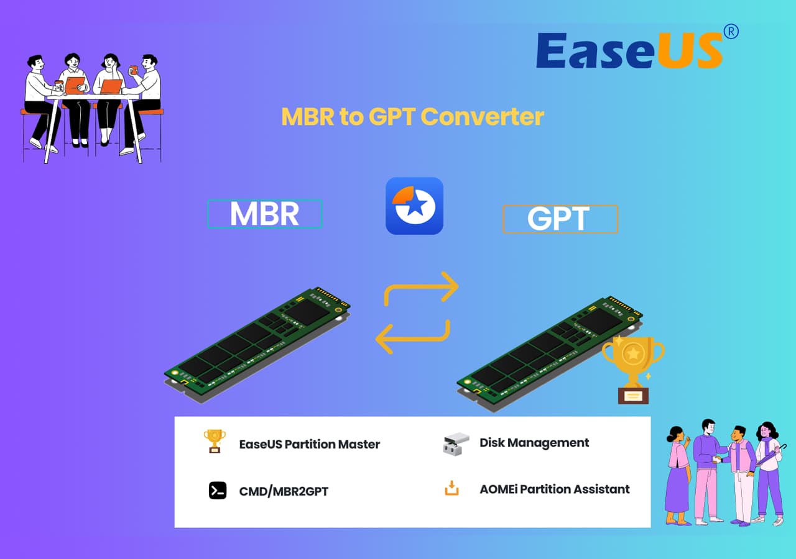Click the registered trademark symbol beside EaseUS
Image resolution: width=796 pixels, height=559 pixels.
pyautogui.click(x=731, y=32)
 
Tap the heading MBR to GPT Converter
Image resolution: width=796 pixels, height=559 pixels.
pyautogui.click(x=412, y=116)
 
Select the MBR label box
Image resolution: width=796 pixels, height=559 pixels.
pyautogui.click(x=264, y=214)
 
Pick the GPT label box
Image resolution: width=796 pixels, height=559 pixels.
pyautogui.click(x=560, y=219)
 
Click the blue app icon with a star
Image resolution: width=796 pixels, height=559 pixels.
pyautogui.click(x=414, y=206)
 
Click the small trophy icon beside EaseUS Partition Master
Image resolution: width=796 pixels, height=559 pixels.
pyautogui.click(x=215, y=441)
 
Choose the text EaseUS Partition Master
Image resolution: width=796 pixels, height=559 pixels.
pyautogui.click(x=309, y=445)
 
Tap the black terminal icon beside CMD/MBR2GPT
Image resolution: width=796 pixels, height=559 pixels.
pyautogui.click(x=218, y=491)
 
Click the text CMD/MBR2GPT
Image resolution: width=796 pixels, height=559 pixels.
pyautogui.click(x=284, y=492)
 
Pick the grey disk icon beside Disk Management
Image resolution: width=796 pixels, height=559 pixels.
pyautogui.click(x=456, y=444)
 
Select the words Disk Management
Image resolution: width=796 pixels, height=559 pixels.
pyautogui.click(x=534, y=443)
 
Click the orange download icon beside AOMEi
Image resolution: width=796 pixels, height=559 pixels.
pyautogui.click(x=452, y=489)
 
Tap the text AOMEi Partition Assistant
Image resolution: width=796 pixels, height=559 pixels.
pyautogui.click(x=554, y=489)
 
